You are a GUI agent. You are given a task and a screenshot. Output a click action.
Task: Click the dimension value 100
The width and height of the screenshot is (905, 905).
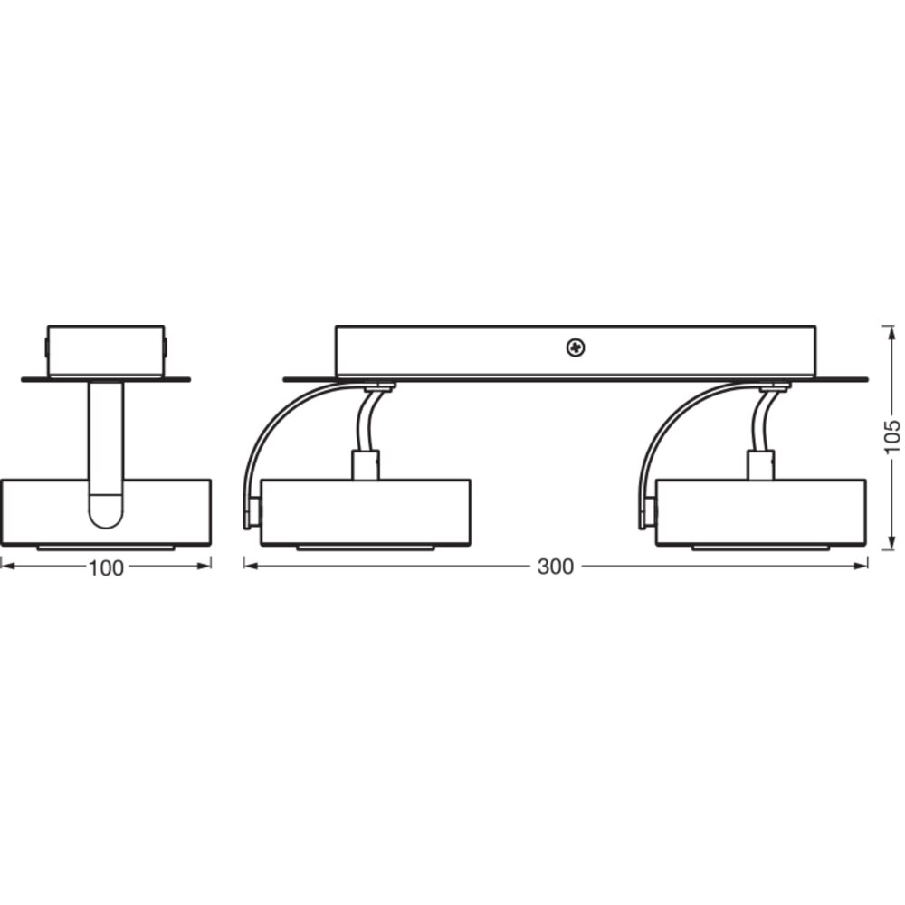(106, 568)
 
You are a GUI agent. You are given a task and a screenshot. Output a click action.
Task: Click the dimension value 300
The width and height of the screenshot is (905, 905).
(556, 567)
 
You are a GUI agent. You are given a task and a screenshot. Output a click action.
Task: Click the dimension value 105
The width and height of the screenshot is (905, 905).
(892, 437)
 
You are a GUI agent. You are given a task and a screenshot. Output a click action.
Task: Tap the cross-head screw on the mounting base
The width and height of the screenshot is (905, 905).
(575, 348)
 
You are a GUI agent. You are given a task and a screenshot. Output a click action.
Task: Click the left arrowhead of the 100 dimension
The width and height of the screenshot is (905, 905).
(8, 567)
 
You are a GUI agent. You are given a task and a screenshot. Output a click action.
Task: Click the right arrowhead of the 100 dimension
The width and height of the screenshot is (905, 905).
(204, 567)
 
